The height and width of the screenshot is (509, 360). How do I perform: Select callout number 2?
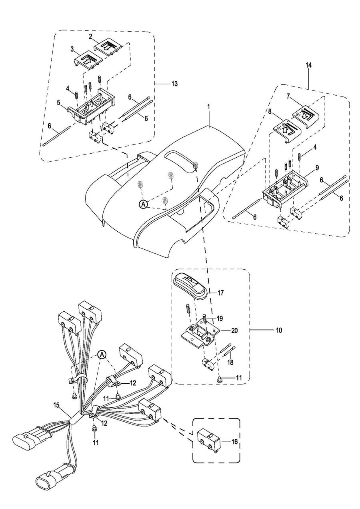tap(90, 37)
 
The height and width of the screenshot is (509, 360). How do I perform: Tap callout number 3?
tap(72, 50)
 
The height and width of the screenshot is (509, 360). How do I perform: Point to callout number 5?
tap(58, 103)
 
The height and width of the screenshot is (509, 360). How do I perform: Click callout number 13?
tap(174, 84)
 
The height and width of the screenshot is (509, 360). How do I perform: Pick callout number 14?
tap(308, 66)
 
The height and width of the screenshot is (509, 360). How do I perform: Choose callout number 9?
tap(317, 168)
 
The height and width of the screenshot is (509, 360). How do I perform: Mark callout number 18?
tap(230, 362)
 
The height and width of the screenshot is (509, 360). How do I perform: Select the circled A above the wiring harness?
tap(102, 354)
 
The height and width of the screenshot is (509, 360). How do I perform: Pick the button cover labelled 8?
tap(287, 130)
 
